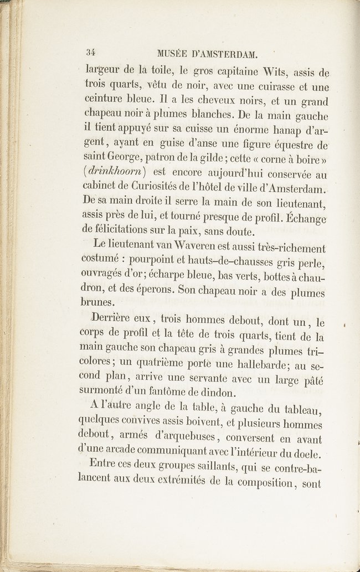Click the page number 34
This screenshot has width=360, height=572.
91,54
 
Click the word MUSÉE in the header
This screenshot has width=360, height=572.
173,54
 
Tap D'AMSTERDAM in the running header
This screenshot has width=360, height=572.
225,54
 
